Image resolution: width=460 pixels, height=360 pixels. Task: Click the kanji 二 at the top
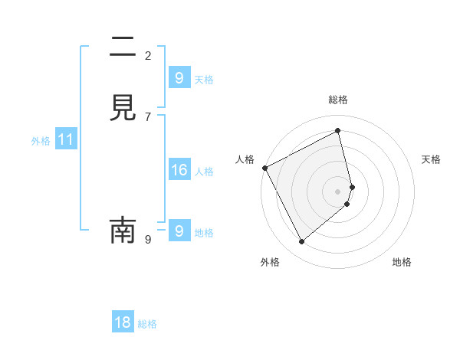(x=123, y=49)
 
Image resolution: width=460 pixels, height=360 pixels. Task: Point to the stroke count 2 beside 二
(x=148, y=56)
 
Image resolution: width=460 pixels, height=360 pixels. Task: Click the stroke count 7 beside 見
(x=148, y=116)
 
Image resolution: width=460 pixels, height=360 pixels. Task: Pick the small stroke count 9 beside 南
(x=148, y=240)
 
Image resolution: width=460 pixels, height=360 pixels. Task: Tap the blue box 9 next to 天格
(x=179, y=77)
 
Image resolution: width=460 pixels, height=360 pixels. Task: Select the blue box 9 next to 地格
(x=179, y=230)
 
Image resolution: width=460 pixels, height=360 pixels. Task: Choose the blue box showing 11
(x=65, y=139)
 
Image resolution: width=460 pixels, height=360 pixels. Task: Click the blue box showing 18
(x=123, y=322)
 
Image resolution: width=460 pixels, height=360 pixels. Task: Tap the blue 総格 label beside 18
(x=147, y=324)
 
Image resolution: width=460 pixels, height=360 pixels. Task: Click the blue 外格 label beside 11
(x=40, y=141)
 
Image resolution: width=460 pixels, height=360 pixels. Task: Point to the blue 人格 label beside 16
(x=205, y=172)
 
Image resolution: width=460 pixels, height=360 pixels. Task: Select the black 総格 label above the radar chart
(x=338, y=100)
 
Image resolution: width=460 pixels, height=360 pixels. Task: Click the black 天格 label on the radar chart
(x=432, y=159)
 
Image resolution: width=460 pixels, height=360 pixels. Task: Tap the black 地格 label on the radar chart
(x=402, y=262)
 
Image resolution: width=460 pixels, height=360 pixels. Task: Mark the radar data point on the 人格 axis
(x=264, y=168)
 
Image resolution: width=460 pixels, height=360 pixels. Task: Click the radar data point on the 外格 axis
(x=301, y=242)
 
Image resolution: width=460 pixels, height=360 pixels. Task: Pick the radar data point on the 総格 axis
(x=338, y=131)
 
